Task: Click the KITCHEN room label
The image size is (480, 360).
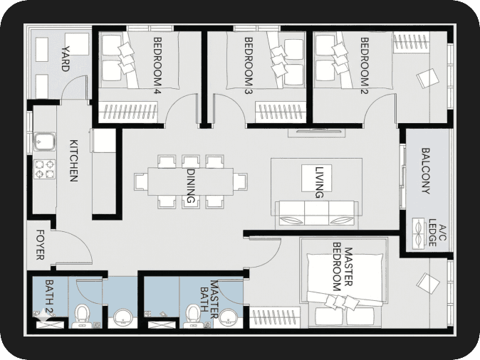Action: tap(74, 161)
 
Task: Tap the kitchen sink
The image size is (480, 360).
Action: tap(44, 142)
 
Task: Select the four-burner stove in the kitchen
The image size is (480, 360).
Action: tap(45, 169)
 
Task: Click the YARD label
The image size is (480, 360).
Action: tap(66, 59)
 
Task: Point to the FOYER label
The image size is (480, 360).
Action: tap(41, 245)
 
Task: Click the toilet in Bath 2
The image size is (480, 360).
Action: tap(82, 316)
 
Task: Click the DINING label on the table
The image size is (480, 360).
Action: tap(191, 186)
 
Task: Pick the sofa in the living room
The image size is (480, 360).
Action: tap(316, 213)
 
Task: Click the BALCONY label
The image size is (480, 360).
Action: tap(426, 171)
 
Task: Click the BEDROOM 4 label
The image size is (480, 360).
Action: tap(157, 65)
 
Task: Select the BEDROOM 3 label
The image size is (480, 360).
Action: tap(249, 65)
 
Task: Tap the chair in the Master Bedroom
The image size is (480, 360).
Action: tap(428, 284)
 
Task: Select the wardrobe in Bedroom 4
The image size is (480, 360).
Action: tap(129, 112)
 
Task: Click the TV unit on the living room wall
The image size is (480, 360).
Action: tap(317, 132)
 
